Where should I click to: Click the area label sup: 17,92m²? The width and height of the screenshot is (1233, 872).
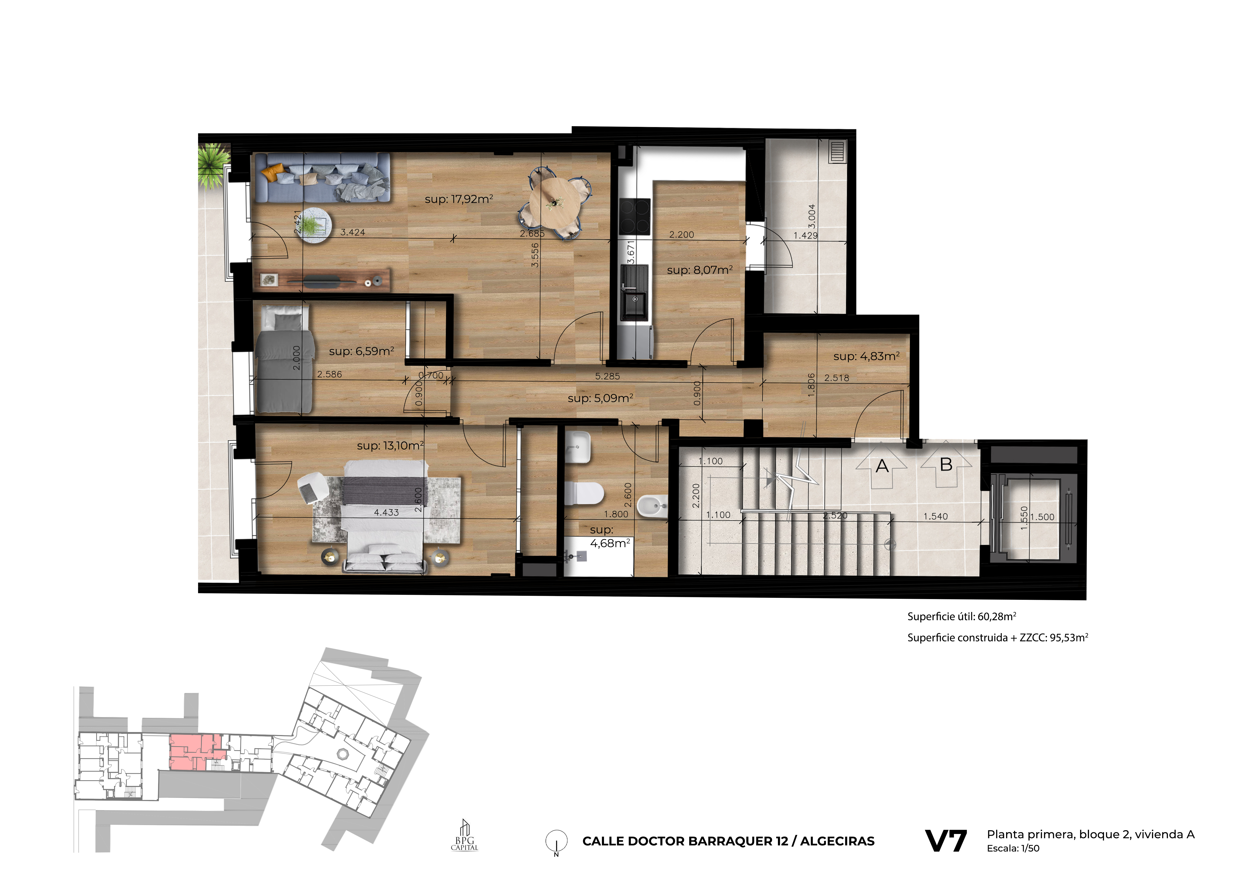pyautogui.click(x=459, y=199)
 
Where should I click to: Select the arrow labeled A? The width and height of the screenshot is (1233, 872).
pyautogui.click(x=882, y=465)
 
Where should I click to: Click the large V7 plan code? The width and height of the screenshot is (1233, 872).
pyautogui.click(x=946, y=841)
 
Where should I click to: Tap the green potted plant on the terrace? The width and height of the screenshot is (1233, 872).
pyautogui.click(x=213, y=165)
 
